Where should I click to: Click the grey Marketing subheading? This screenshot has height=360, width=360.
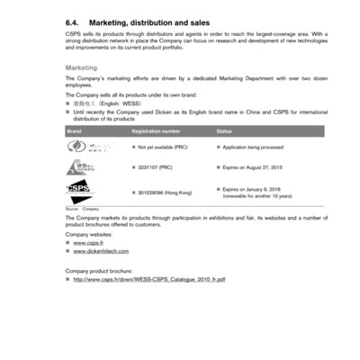click(x=82, y=67)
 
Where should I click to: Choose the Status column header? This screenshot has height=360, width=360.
click(x=226, y=130)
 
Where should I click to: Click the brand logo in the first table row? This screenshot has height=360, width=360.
click(x=80, y=147)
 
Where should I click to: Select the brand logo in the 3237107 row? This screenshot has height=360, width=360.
click(x=80, y=168)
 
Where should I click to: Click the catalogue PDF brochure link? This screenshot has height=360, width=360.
click(x=149, y=280)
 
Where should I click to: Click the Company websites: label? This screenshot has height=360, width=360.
click(x=91, y=234)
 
